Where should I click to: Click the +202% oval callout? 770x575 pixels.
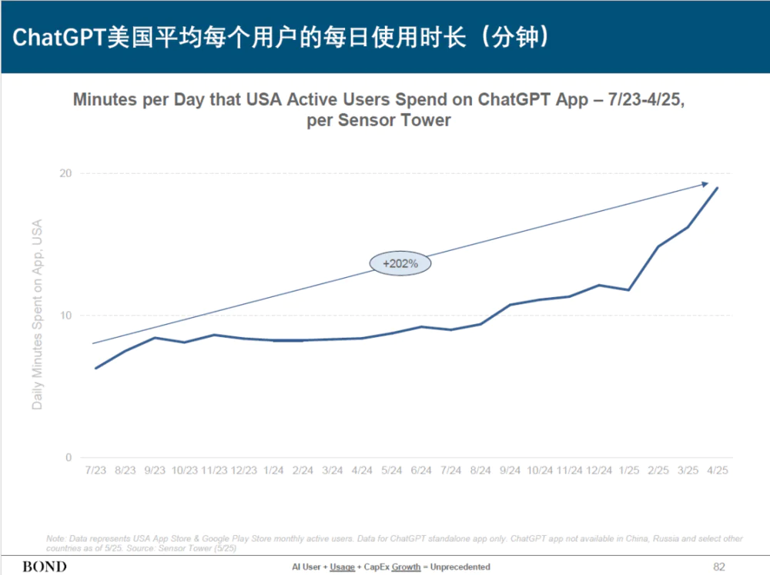click(400, 263)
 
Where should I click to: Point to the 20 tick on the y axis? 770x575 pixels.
click(66, 173)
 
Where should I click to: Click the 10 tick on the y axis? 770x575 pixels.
click(66, 316)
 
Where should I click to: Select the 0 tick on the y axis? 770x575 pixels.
click(69, 458)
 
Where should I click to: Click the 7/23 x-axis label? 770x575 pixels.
click(95, 470)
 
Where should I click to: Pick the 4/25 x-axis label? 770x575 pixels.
click(718, 470)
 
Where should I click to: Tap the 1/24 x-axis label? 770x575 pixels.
click(273, 470)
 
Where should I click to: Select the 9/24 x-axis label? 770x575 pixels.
click(511, 470)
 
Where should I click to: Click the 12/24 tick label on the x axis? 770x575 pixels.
click(599, 470)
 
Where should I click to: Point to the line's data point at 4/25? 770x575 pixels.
click(718, 188)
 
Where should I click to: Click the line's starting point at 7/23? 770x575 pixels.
click(95, 368)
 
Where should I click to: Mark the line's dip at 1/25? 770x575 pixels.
click(629, 290)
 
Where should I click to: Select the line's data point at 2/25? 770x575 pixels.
click(658, 246)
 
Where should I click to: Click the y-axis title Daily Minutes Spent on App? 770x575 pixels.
click(37, 314)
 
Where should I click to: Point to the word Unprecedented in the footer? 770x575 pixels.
click(460, 567)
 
